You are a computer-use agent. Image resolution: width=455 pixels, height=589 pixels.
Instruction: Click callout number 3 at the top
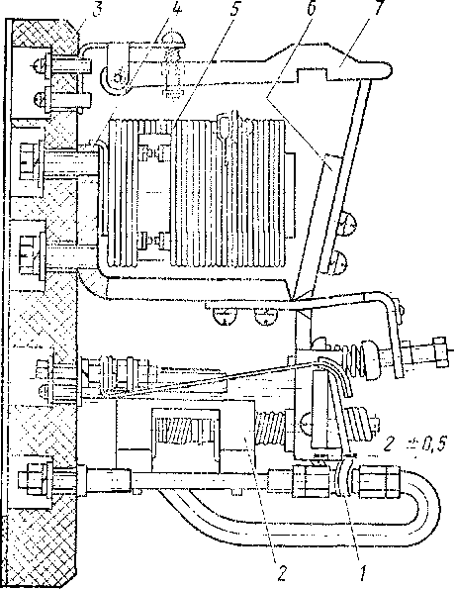point(97,9)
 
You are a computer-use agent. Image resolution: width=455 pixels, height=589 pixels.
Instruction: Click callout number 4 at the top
point(176,9)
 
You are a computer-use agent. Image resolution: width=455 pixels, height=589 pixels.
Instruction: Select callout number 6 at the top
point(311,9)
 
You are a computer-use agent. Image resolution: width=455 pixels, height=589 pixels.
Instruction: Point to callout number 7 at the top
point(378,8)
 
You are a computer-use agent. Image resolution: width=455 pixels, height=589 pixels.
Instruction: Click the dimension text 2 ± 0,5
point(414,445)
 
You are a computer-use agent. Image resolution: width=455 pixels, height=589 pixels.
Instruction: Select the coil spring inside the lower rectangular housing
point(184,430)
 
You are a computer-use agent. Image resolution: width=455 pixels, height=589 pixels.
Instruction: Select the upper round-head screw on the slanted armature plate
point(348,225)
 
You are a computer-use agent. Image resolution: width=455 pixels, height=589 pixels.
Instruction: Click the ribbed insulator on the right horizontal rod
point(361,356)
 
